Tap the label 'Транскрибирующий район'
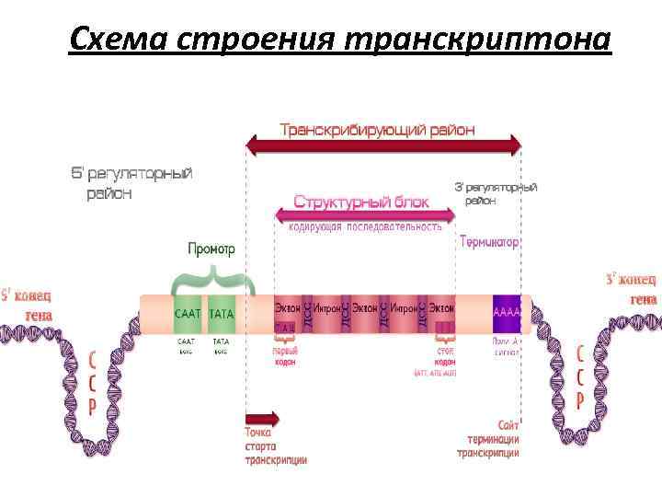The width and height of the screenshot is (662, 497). coord(378,130)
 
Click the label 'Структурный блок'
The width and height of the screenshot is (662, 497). coord(361,201)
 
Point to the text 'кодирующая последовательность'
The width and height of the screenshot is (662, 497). coord(365,226)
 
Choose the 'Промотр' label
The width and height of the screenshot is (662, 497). coord(211,248)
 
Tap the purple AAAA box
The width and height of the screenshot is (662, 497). coord(507,314)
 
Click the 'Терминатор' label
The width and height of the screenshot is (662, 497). coord(490,242)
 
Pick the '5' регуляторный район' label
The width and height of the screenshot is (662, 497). coord(132,182)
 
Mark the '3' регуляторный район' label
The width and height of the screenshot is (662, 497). coord(496,193)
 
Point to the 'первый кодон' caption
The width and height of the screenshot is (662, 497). coord(284,356)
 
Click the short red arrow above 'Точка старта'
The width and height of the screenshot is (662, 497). coord(262,418)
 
